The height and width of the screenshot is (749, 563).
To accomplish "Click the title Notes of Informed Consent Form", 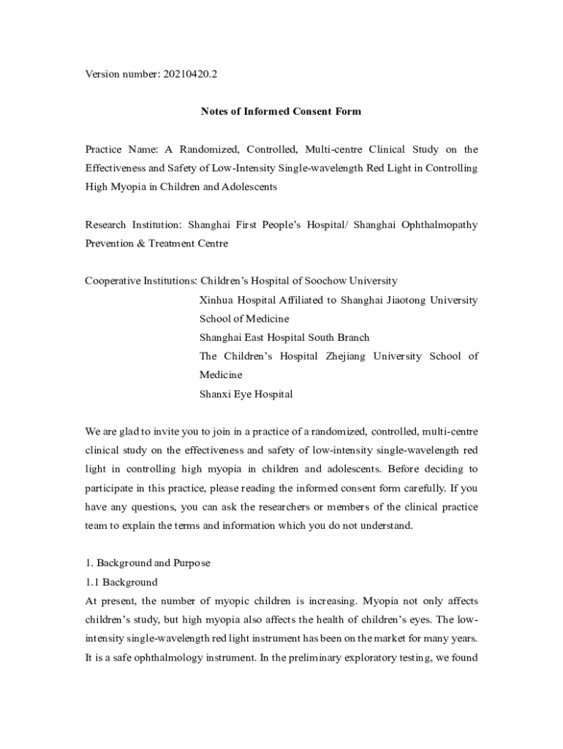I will click(281, 112).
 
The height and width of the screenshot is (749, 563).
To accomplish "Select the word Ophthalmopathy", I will click(439, 225).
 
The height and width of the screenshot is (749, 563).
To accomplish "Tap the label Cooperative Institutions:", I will click(140, 281).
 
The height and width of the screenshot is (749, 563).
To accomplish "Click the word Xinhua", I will click(217, 300).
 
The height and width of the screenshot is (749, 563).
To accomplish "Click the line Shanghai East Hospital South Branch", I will click(284, 337).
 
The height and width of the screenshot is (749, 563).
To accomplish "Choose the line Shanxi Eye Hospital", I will click(246, 394).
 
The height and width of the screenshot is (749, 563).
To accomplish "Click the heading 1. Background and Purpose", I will click(148, 563).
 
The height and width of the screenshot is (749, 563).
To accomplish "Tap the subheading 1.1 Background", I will click(121, 582).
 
